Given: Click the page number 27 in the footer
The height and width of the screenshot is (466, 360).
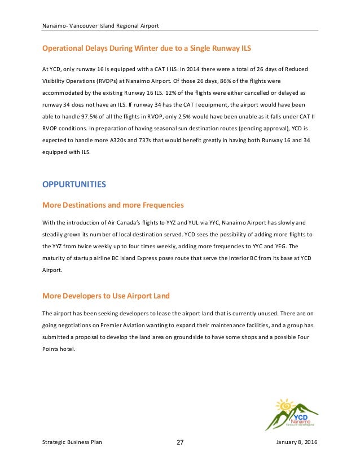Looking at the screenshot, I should [180, 442].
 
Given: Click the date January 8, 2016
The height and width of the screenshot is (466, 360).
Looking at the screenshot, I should [297, 442].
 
